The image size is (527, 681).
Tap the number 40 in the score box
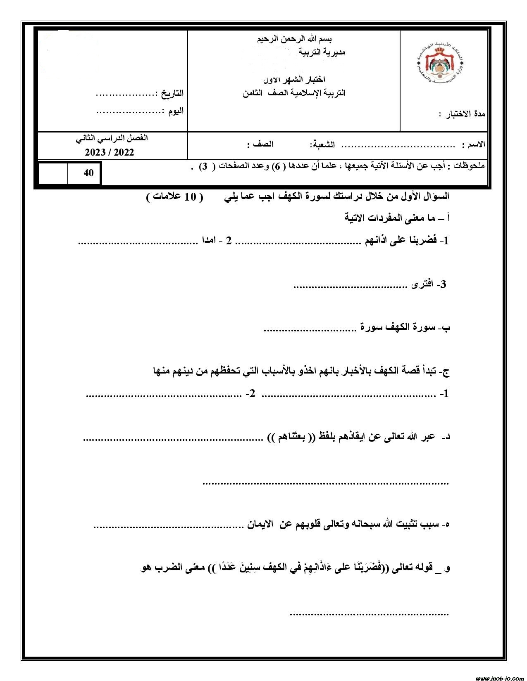tap(88, 173)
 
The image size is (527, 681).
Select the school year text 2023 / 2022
tap(110, 153)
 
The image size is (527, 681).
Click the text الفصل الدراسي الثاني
tap(112, 138)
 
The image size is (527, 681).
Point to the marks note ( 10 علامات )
tap(175, 197)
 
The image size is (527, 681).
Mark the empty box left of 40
tap(53, 173)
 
